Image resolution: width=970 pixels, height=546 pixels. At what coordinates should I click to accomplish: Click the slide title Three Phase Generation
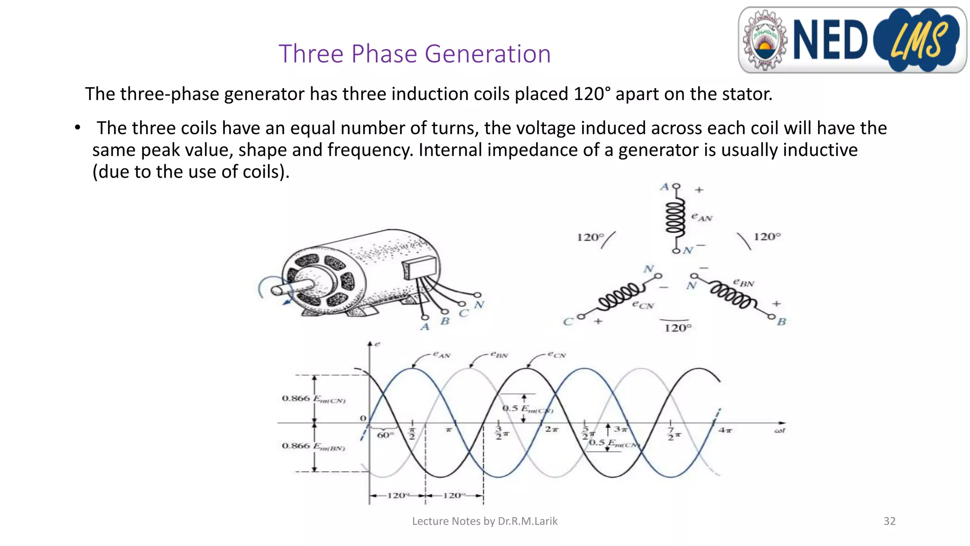[414, 54]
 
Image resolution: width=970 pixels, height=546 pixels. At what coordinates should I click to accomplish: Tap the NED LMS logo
[852, 40]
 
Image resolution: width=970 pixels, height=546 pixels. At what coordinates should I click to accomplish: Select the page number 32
[889, 521]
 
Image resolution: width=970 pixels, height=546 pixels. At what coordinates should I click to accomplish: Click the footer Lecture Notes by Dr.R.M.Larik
[485, 521]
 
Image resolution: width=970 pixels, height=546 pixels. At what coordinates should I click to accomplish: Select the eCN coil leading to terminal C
[621, 297]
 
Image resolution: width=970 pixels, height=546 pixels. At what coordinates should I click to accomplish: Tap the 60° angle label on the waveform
[385, 435]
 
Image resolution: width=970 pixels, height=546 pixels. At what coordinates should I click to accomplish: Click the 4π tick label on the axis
[725, 430]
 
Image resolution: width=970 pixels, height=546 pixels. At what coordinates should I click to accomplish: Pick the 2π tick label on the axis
[551, 429]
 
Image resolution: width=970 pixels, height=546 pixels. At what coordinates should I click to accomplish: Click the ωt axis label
[779, 430]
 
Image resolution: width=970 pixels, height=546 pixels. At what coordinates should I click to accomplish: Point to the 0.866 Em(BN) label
[313, 446]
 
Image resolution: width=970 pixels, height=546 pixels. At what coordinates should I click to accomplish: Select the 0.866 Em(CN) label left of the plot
[313, 399]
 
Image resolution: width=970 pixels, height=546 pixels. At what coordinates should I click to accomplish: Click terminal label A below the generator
[425, 327]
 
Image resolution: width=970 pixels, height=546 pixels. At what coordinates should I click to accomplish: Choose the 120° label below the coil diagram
[678, 328]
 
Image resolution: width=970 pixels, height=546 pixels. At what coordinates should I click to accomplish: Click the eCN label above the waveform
[557, 355]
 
